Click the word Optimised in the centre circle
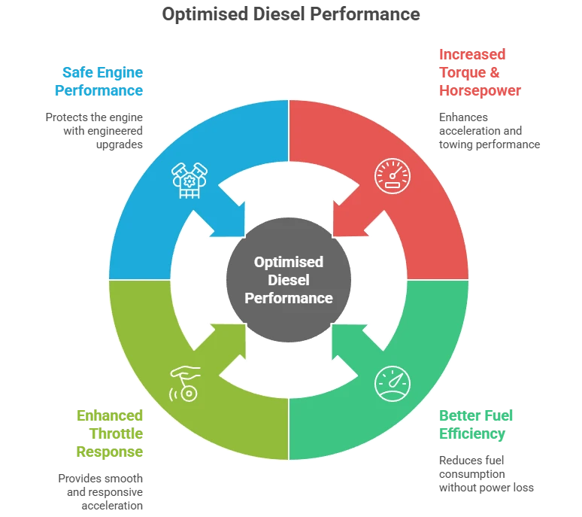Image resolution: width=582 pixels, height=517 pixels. [289, 262]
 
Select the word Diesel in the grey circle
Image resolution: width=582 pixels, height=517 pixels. [289, 280]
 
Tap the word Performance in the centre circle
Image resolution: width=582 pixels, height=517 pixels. [289, 298]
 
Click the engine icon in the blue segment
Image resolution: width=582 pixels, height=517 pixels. [185, 179]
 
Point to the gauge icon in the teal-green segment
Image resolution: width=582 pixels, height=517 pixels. [393, 383]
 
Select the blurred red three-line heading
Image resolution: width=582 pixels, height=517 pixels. [480, 72]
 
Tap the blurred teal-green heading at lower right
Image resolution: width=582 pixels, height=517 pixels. [478, 424]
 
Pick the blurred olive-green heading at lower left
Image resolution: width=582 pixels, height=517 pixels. [109, 433]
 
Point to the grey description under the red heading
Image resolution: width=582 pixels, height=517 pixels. [489, 131]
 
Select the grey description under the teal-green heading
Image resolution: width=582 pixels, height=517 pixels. [486, 474]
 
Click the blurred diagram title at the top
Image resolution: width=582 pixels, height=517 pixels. [292, 14]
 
